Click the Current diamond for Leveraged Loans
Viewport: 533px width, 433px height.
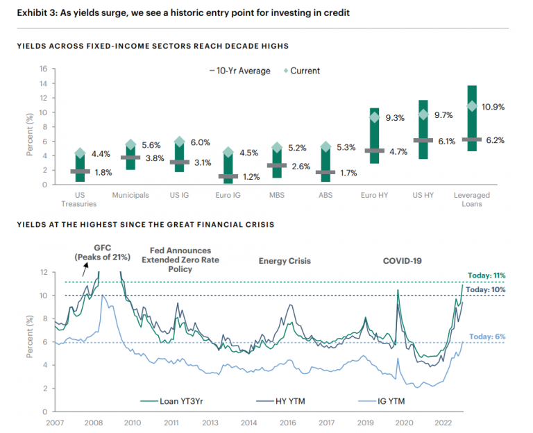point(473,106)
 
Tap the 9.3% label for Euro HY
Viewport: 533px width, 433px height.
point(395,117)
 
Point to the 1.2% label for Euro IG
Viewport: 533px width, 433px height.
point(249,177)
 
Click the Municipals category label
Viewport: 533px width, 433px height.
point(130,196)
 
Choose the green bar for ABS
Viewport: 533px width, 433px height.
point(325,164)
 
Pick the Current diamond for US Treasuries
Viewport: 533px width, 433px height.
point(80,153)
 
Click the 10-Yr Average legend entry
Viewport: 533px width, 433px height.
point(239,70)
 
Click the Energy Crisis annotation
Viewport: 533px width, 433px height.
point(285,261)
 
